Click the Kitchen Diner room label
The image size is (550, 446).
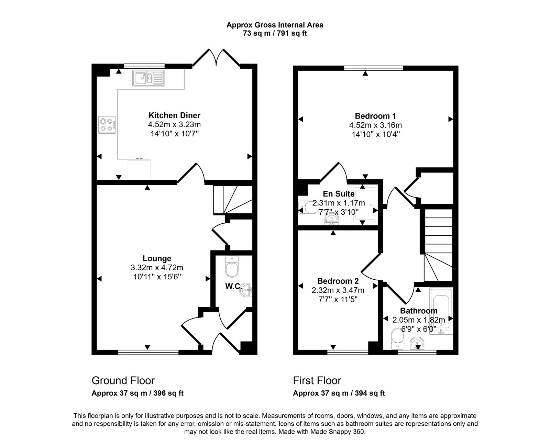tap(174, 115)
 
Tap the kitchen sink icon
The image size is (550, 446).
tap(148, 78)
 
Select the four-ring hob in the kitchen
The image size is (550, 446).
tap(107, 125)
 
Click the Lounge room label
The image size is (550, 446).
tap(157, 258)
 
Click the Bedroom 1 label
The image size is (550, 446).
tap(373, 115)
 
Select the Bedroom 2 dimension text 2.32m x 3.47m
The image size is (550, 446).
tap(338, 290)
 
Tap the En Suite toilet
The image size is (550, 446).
tap(308, 207)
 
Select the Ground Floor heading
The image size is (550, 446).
tap(123, 381)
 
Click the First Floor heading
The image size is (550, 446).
tap(317, 381)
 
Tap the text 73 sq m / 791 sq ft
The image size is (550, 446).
tap(275, 34)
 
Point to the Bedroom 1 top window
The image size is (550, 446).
tap(373, 68)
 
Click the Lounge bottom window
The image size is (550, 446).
tap(148, 352)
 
